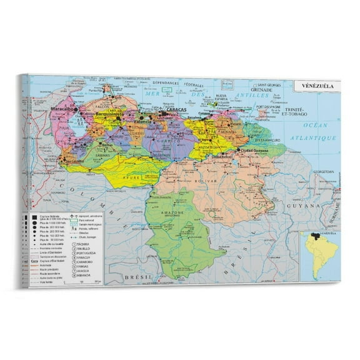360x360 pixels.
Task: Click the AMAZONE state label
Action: coord(173,212)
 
